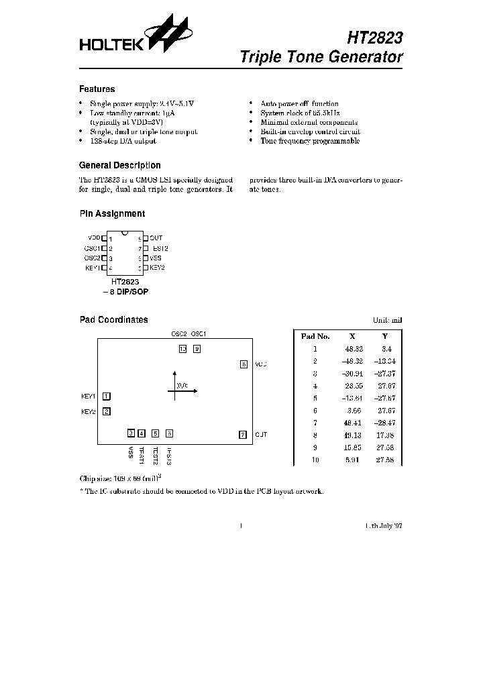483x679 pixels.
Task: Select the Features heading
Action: coord(97,89)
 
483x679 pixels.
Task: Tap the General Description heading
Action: coord(119,165)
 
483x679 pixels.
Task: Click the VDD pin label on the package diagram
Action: coord(94,238)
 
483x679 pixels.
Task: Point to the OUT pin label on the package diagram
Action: coord(156,238)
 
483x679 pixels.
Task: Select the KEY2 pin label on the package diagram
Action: coord(157,268)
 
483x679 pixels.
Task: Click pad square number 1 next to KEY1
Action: coord(107,397)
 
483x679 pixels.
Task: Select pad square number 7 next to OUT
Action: coord(243,434)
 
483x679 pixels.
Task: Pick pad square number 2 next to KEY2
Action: coord(107,412)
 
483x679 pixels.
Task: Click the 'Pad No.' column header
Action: coord(315,337)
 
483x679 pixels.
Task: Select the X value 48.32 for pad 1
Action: coord(354,349)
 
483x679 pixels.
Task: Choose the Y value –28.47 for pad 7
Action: coord(385,422)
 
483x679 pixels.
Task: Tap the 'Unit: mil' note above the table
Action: coord(388,321)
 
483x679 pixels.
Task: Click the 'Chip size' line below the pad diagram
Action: coord(121,478)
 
